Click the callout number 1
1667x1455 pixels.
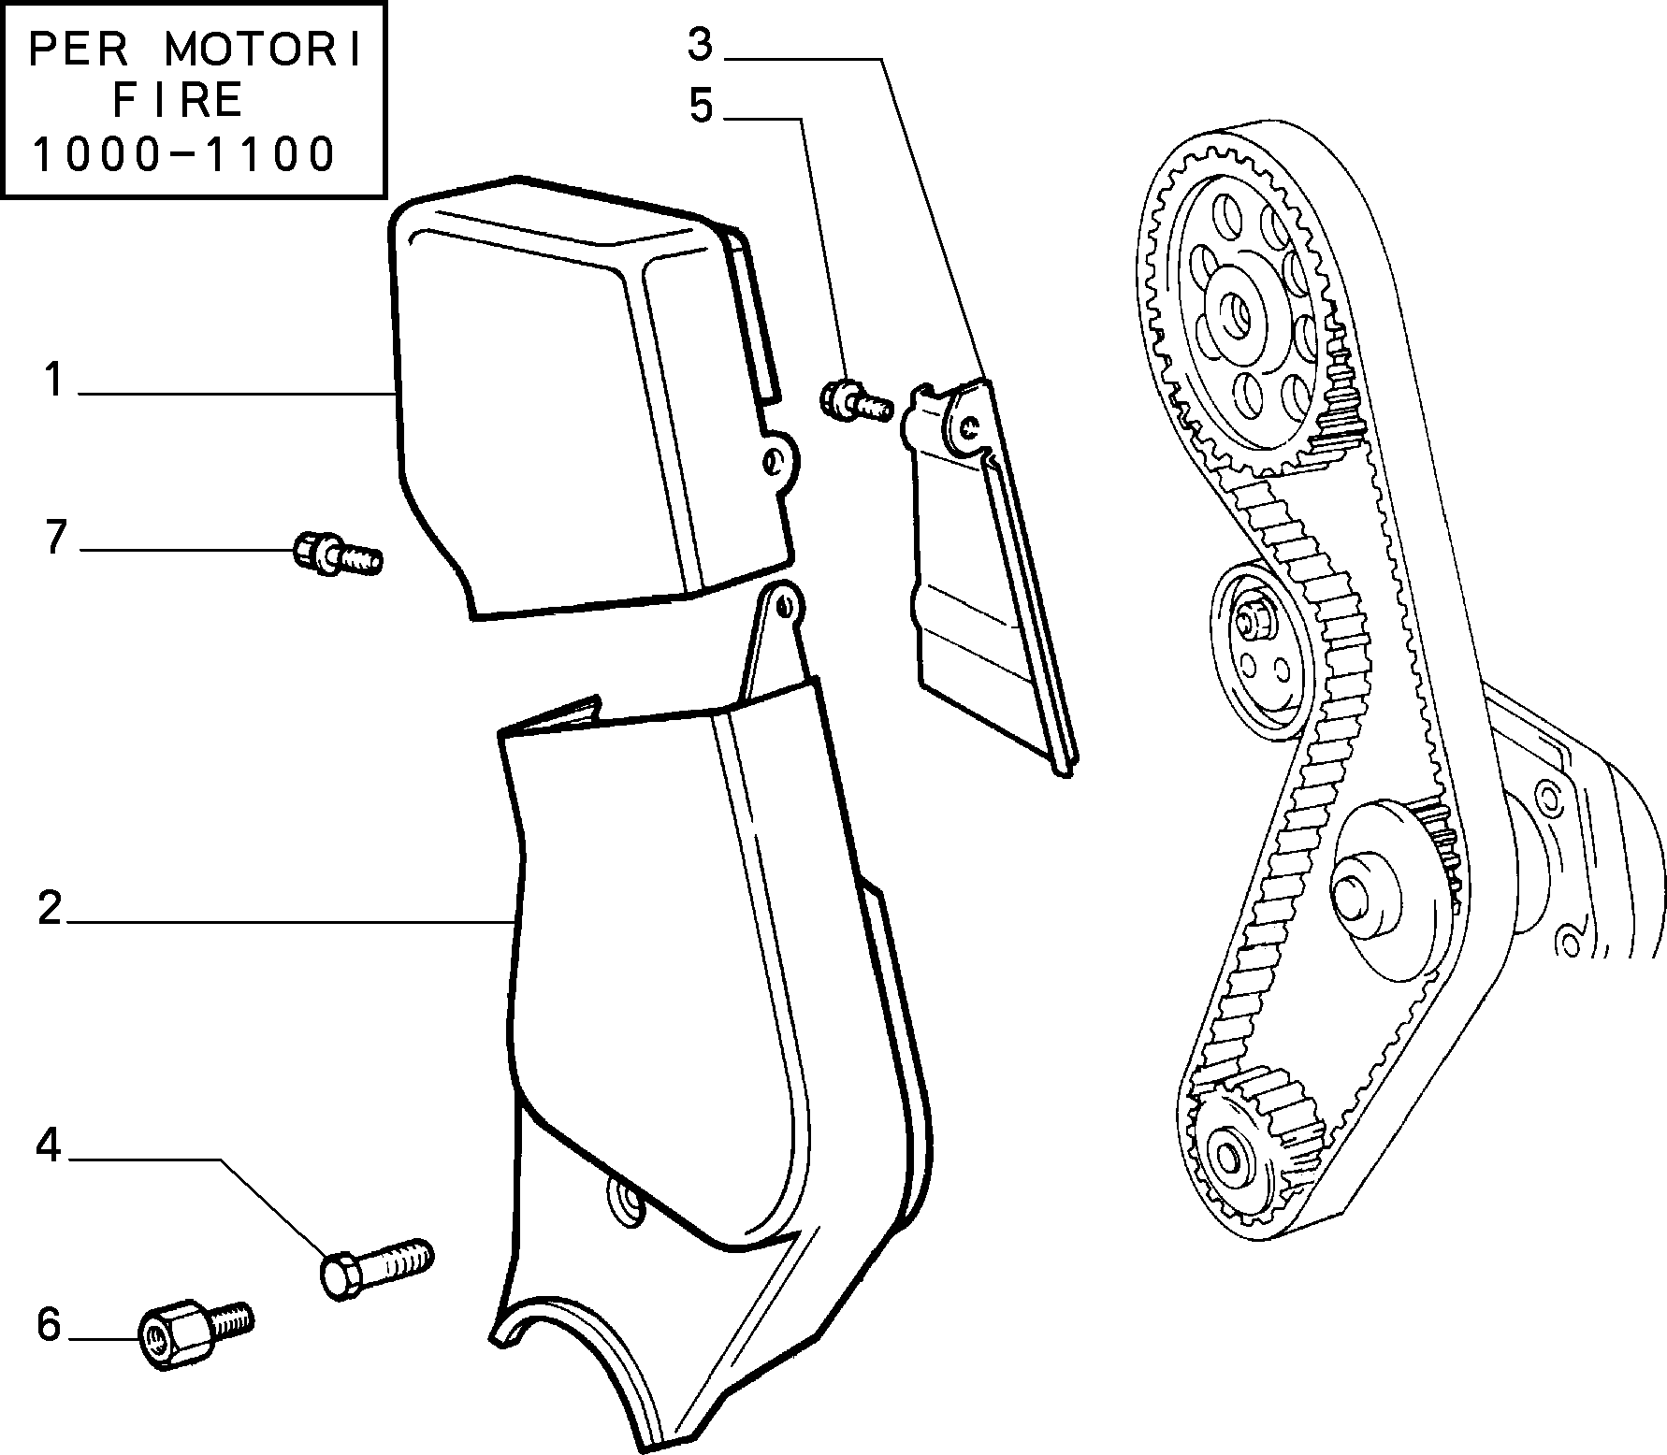(x=53, y=382)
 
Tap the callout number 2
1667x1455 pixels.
(x=50, y=908)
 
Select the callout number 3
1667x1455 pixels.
(x=700, y=45)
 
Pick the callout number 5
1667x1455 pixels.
(x=702, y=106)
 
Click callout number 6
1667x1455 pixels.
(x=49, y=1324)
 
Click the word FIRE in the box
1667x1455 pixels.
(x=179, y=100)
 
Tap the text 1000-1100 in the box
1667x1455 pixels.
(x=183, y=154)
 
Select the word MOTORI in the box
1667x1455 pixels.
(x=263, y=51)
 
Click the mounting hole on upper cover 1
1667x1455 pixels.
(x=774, y=459)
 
